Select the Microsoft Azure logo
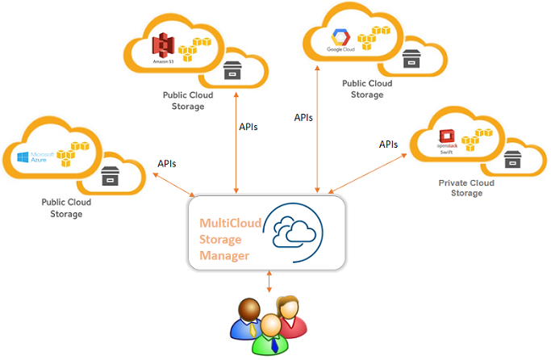coord(33,156)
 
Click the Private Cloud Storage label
coord(466,188)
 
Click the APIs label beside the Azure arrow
coord(167,164)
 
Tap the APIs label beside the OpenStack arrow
coord(389,144)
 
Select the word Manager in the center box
coord(224,256)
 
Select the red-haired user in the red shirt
coord(290,315)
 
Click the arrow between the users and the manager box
coord(269,282)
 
